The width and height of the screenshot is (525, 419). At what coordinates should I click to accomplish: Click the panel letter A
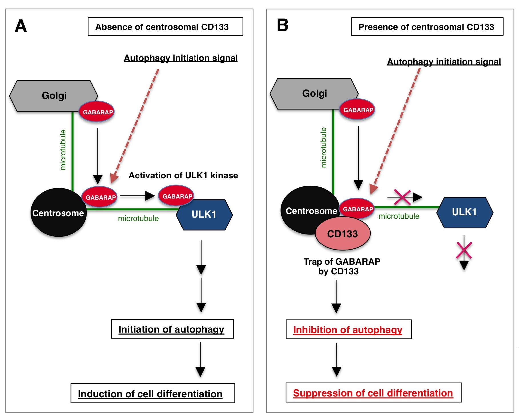point(21,26)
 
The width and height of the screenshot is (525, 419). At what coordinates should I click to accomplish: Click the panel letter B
point(282,25)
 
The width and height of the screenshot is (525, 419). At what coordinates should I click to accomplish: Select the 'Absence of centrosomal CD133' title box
point(165,27)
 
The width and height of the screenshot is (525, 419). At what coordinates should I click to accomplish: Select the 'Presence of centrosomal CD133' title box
point(427,27)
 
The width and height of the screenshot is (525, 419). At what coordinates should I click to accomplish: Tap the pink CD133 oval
point(342,234)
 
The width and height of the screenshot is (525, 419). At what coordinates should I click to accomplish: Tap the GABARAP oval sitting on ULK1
point(176,196)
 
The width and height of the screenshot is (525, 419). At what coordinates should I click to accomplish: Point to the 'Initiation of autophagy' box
point(172,329)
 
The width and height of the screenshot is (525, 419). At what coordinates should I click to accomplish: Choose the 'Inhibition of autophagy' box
point(348,329)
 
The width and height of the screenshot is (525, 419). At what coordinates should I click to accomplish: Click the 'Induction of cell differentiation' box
point(153,393)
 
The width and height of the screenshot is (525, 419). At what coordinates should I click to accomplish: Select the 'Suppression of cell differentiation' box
point(373,393)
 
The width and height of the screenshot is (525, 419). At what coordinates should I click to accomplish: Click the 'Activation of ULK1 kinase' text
point(183,175)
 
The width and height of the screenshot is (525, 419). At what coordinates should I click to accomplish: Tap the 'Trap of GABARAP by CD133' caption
point(341,266)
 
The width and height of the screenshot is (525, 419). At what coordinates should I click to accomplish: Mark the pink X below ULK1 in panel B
point(464,250)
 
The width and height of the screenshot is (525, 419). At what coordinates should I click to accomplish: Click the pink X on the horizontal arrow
point(402,197)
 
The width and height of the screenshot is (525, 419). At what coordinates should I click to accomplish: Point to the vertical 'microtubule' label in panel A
point(63,150)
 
